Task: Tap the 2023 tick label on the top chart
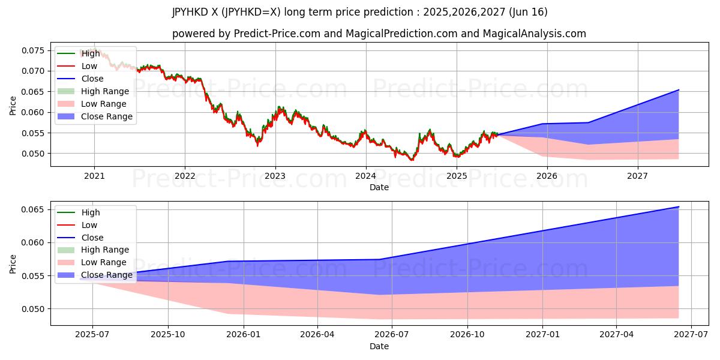pyautogui.click(x=275, y=176)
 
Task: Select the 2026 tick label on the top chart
pyautogui.click(x=547, y=176)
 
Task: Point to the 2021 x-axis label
pyautogui.click(x=94, y=176)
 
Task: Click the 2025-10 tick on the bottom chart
pyautogui.click(x=168, y=335)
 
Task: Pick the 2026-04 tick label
pyautogui.click(x=317, y=335)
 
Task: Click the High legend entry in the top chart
pyautogui.click(x=91, y=53)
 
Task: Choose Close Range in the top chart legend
pyautogui.click(x=107, y=116)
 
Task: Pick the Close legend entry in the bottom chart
pyautogui.click(x=92, y=238)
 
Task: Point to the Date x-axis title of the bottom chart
pyautogui.click(x=379, y=346)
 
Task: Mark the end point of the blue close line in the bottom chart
pyautogui.click(x=679, y=207)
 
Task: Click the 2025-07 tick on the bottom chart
pyautogui.click(x=93, y=335)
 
